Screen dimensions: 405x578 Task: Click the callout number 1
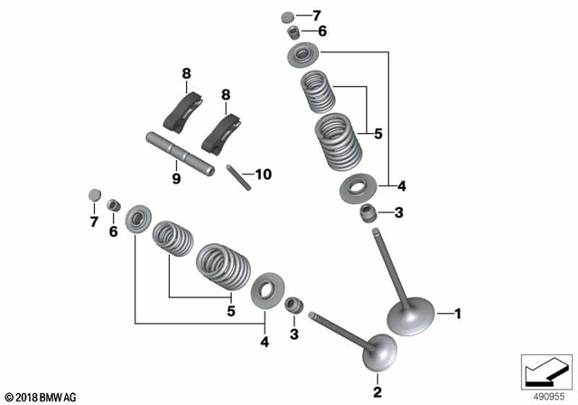tap(457, 314)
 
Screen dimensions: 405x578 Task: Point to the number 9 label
tap(177, 179)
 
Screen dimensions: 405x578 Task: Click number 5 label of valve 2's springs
tap(230, 311)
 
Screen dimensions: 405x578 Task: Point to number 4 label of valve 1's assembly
tap(401, 186)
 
